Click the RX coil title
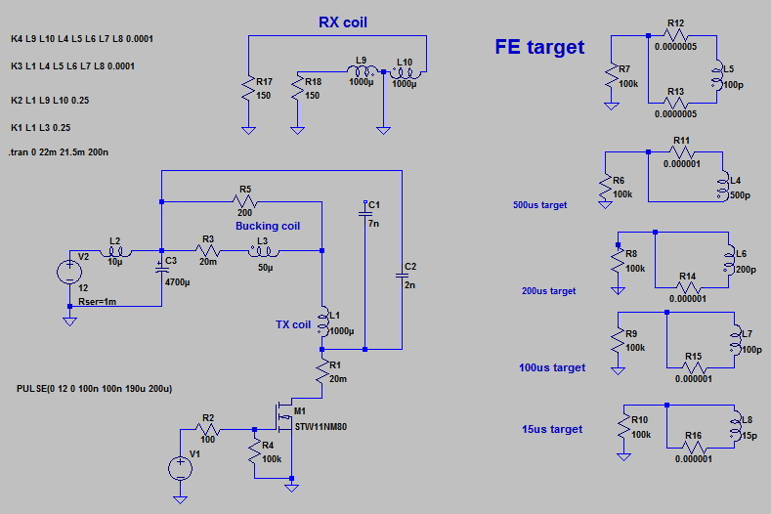tap(343, 22)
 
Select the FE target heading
tap(540, 46)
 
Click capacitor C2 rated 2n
tap(401, 276)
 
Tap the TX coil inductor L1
tap(323, 321)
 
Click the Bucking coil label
tap(268, 226)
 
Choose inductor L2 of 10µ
tap(114, 251)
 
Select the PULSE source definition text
tap(95, 389)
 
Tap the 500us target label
tap(538, 205)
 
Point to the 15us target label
tap(551, 429)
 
